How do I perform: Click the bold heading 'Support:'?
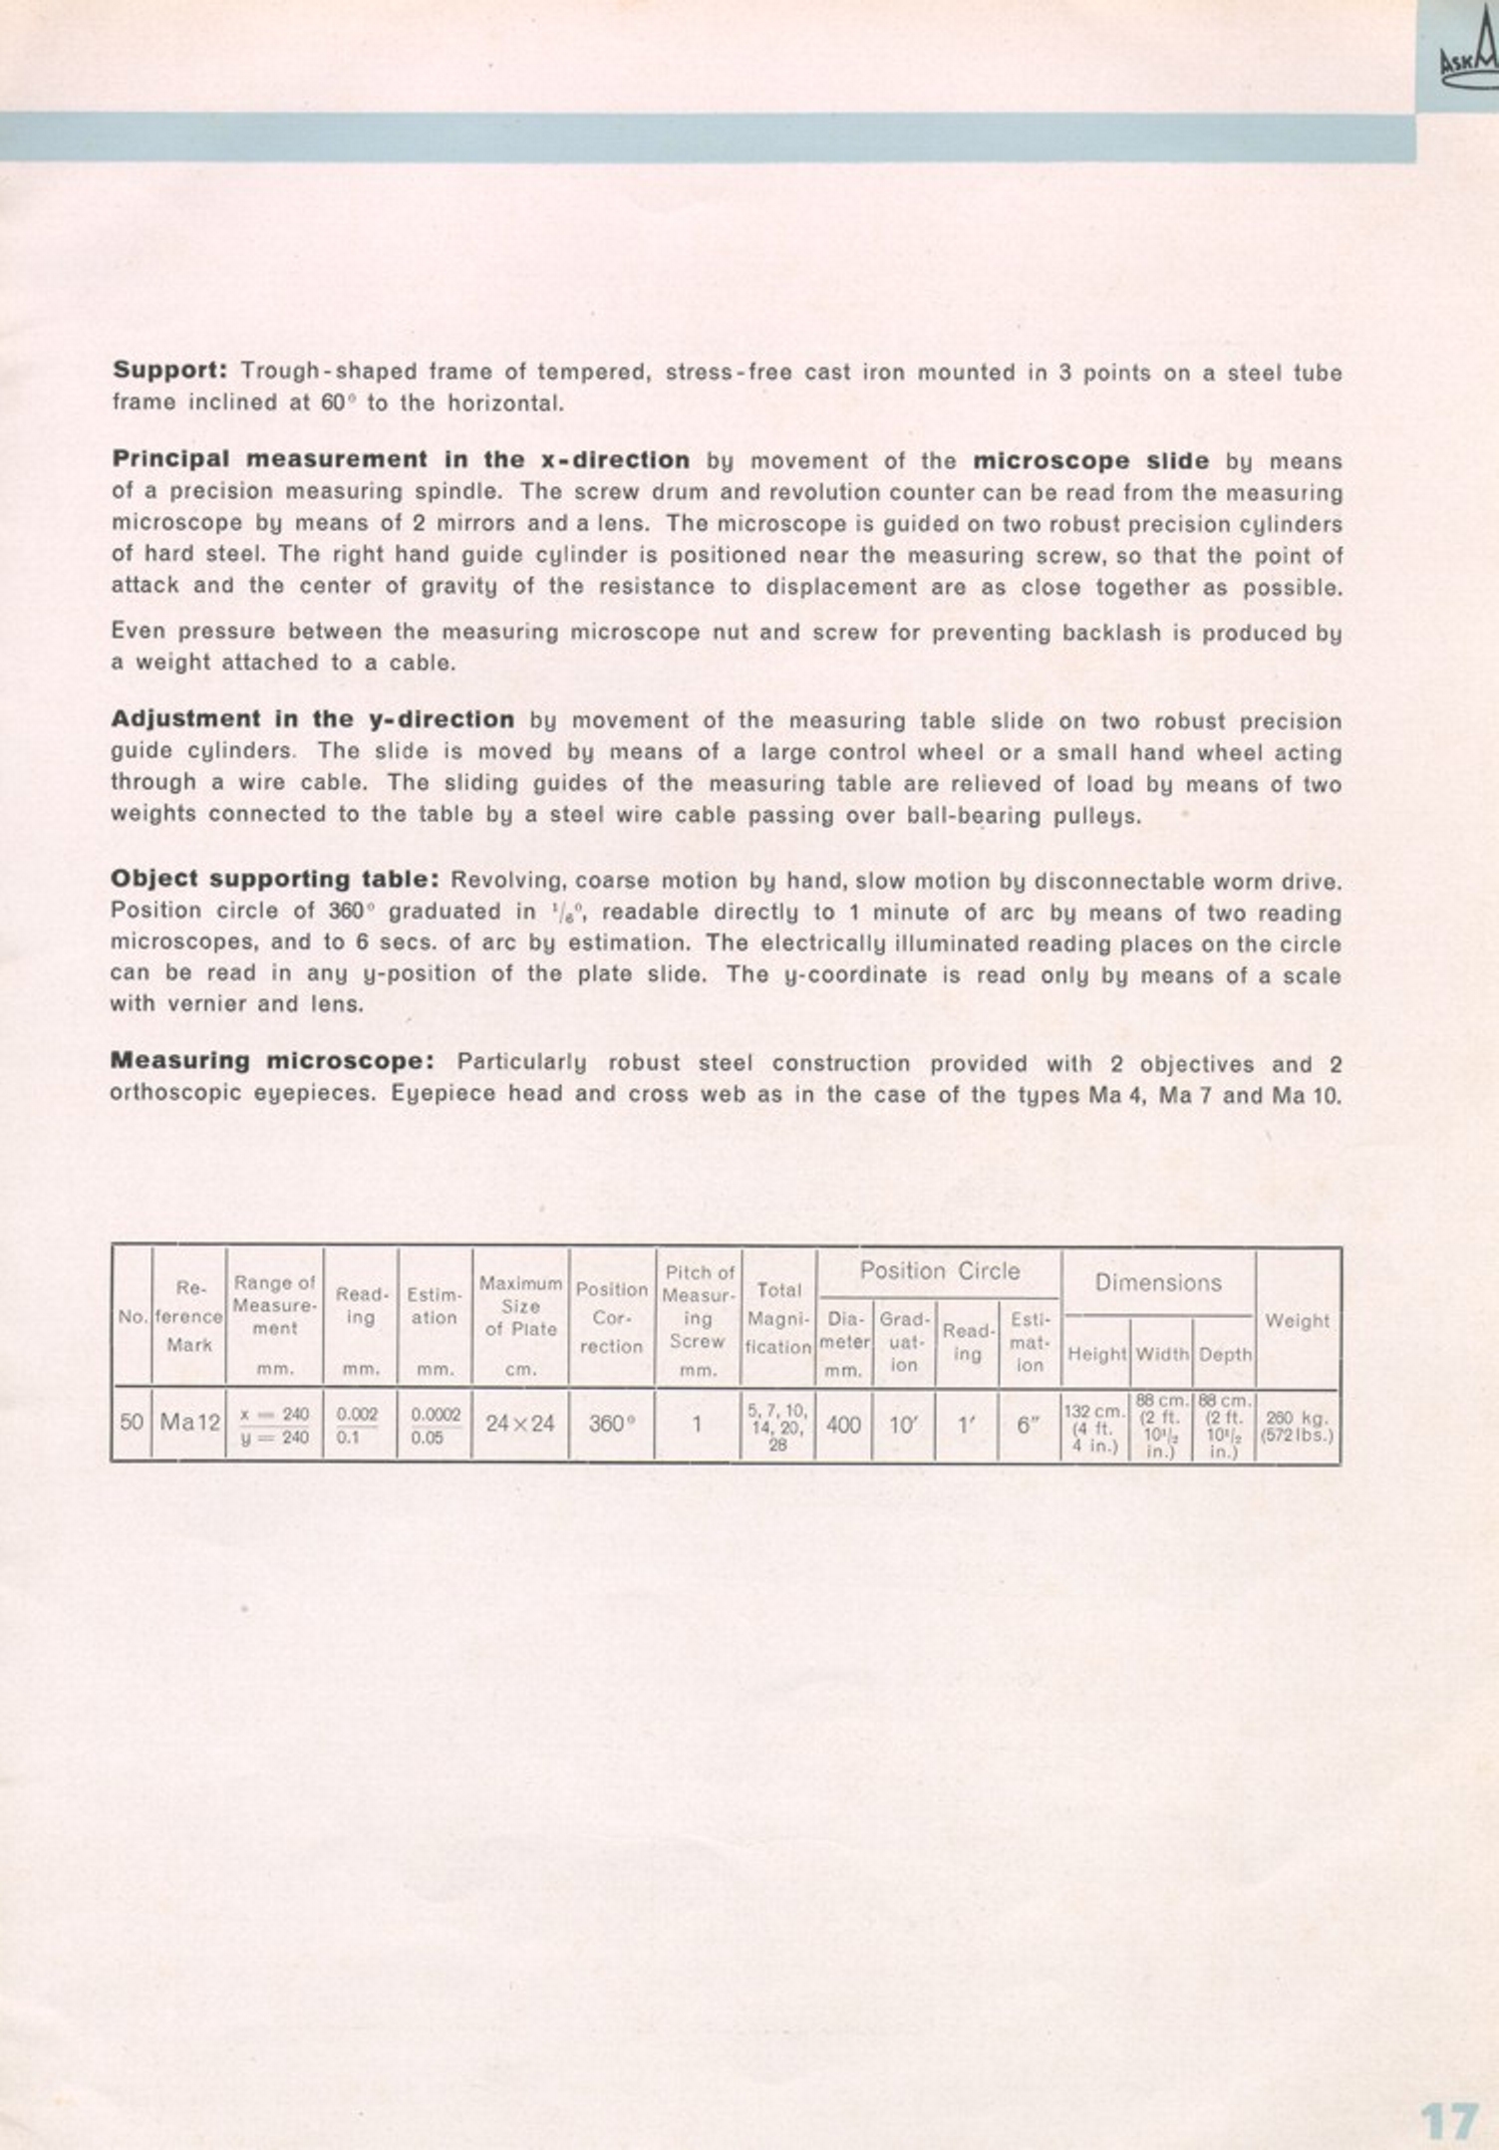tap(170, 371)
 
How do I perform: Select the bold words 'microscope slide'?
tap(1090, 460)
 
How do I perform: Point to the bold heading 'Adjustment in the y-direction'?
tap(313, 719)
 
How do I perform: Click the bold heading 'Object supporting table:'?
tap(275, 880)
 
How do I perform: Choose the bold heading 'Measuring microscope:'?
tap(272, 1061)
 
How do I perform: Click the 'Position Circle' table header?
tap(939, 1271)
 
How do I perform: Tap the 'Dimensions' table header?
tap(1157, 1282)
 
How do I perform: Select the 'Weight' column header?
tap(1297, 1321)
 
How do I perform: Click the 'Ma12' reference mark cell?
tap(189, 1423)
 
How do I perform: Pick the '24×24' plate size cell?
tap(519, 1424)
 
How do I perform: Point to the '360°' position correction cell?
tap(611, 1424)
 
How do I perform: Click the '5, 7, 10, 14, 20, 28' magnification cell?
tap(777, 1425)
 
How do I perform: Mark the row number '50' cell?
tap(132, 1423)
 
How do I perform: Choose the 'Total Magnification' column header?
tap(778, 1318)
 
